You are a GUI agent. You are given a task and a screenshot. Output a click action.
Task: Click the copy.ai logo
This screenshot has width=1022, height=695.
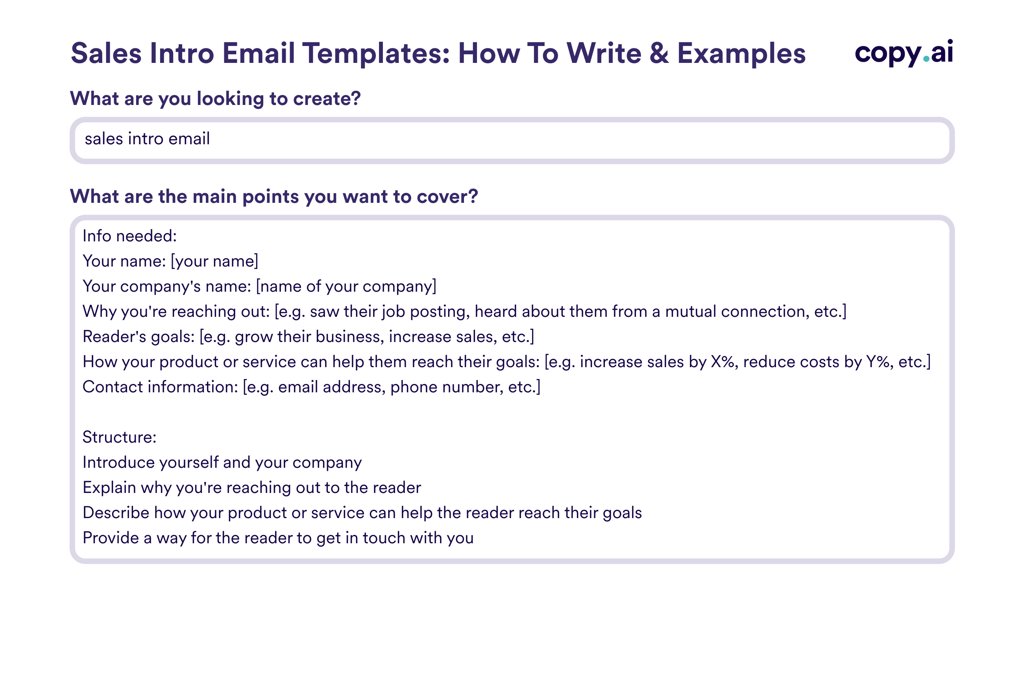click(x=903, y=53)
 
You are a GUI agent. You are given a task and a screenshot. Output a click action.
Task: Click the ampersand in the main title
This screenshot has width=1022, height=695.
click(x=659, y=53)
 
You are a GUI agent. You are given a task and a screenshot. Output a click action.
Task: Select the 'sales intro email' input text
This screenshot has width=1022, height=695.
click(x=147, y=139)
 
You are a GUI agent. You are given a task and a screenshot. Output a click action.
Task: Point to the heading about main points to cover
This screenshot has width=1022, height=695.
click(x=274, y=197)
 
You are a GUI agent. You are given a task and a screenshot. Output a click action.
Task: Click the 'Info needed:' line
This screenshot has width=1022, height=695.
click(x=130, y=236)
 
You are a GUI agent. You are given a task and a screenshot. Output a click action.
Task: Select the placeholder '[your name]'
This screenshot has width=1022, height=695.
click(x=214, y=261)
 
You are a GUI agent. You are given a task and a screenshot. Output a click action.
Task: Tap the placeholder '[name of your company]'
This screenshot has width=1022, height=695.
click(x=346, y=287)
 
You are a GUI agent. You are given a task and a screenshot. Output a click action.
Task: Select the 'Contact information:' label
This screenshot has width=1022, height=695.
click(x=160, y=387)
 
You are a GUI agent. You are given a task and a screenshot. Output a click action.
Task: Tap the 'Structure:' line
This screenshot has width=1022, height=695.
click(x=120, y=438)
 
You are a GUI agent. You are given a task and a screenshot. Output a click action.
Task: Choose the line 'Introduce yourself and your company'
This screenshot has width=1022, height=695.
click(x=222, y=463)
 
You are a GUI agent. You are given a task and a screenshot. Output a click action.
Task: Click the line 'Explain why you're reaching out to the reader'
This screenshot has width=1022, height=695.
click(x=251, y=488)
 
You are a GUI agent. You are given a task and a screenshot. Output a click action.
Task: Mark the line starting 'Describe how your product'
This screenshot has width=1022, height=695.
click(x=362, y=513)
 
